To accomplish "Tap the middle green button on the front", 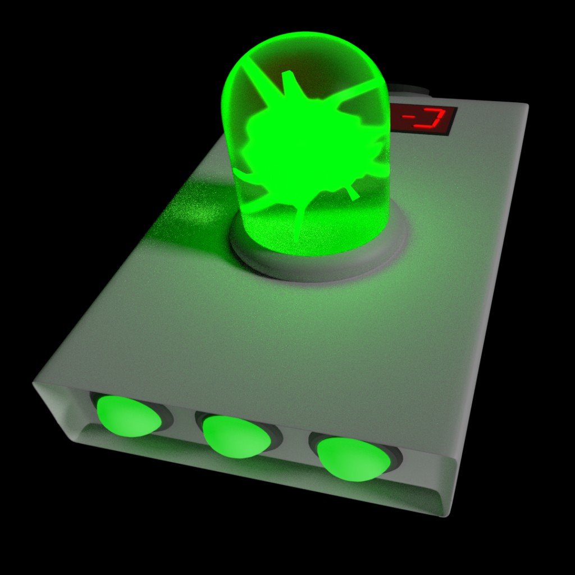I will click(234, 437).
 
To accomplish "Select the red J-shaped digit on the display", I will click(432, 119).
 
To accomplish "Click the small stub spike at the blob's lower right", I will click(352, 194).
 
